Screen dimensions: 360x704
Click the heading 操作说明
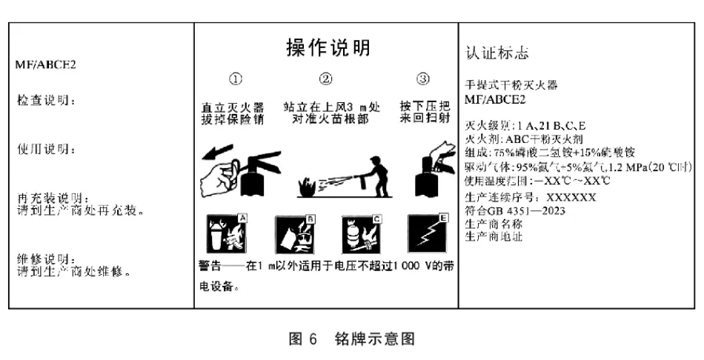(x=328, y=48)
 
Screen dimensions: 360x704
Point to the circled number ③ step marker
(x=422, y=80)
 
